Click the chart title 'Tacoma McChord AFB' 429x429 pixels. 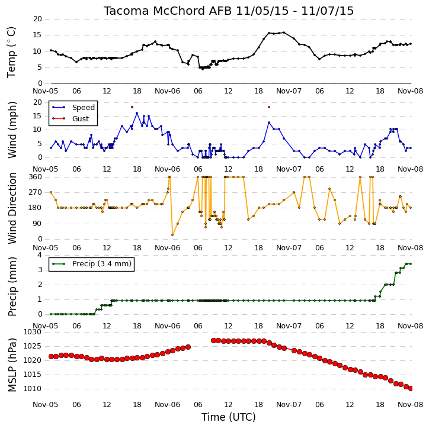[x=168, y=11]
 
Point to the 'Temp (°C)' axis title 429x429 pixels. [x=11, y=52]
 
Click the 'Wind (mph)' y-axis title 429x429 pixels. [x=12, y=130]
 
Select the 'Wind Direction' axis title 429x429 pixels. [x=12, y=208]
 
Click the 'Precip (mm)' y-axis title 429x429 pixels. [x=12, y=287]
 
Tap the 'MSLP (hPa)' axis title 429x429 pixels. [x=12, y=365]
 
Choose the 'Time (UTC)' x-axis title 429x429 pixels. [x=229, y=417]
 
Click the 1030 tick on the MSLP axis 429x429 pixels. [x=33, y=332]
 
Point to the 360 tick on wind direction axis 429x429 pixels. [x=36, y=177]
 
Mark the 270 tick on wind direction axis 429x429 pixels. [x=36, y=192]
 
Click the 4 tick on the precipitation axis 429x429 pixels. [x=40, y=255]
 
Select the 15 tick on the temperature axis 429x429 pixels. [x=37, y=35]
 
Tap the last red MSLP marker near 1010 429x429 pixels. [x=411, y=389]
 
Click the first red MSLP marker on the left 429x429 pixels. [x=51, y=356]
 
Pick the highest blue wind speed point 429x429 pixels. [x=137, y=113]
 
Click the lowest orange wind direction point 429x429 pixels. [x=172, y=235]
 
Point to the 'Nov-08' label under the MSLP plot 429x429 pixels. [x=411, y=405]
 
